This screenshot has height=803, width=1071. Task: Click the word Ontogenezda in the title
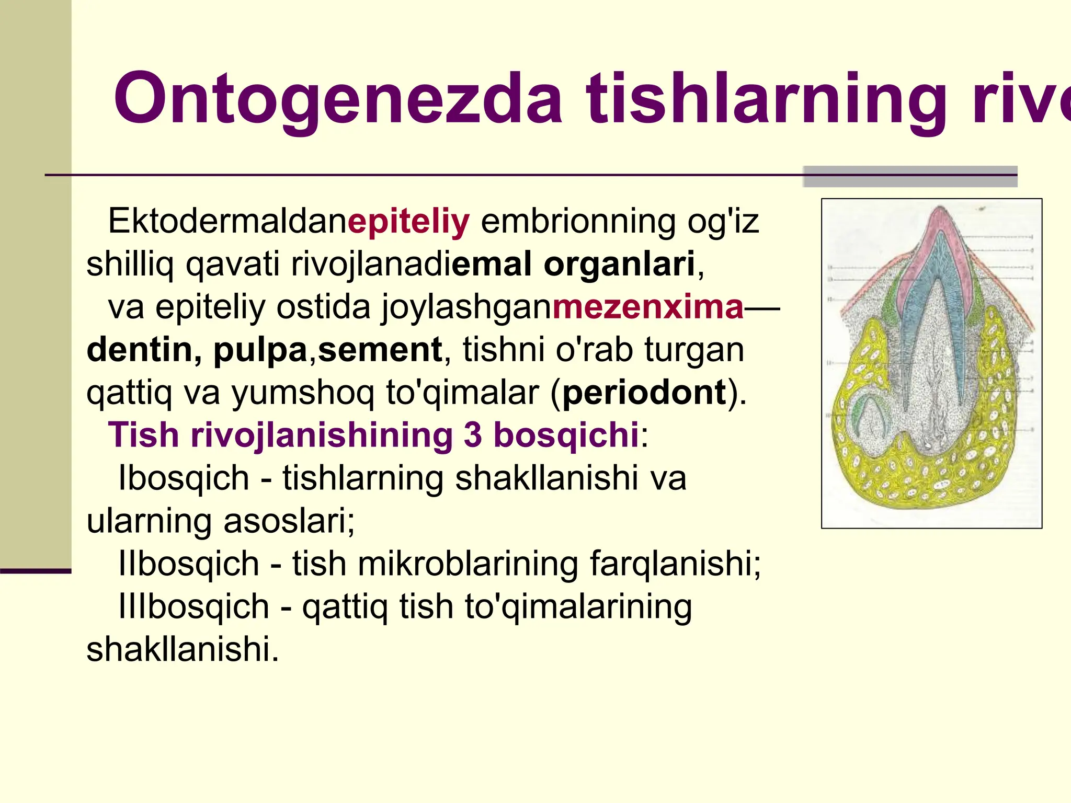point(338,99)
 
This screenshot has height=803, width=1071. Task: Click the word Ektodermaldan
point(227,221)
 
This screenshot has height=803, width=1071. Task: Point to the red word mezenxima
point(648,307)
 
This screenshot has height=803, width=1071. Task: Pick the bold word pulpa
point(260,350)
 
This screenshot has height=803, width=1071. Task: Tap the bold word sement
point(380,350)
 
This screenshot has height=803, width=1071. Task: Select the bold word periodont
point(644,393)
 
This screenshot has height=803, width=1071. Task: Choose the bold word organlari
point(620,264)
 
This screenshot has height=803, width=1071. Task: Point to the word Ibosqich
point(184,478)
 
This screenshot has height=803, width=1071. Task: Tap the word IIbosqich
point(189,564)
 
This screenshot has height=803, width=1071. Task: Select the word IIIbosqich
point(193,607)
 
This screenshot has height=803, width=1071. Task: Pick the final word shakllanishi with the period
point(183,650)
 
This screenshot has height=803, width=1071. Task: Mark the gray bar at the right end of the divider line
point(910,177)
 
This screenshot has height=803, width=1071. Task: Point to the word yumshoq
point(303,393)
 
